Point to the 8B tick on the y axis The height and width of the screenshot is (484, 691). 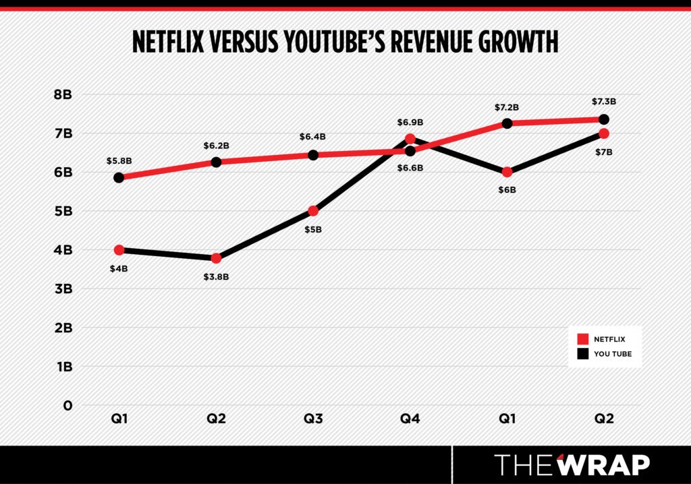pyautogui.click(x=62, y=94)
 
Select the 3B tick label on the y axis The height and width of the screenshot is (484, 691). pyautogui.click(x=62, y=289)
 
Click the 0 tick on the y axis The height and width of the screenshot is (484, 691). pyautogui.click(x=67, y=406)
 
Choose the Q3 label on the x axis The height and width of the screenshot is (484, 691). pyautogui.click(x=312, y=419)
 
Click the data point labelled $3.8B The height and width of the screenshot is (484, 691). pyautogui.click(x=216, y=258)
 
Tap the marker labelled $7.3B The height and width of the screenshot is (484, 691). pyautogui.click(x=604, y=119)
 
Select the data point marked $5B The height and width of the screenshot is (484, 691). pyautogui.click(x=313, y=211)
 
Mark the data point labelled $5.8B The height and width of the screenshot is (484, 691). pyautogui.click(x=119, y=177)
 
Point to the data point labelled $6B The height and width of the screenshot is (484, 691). pyautogui.click(x=507, y=172)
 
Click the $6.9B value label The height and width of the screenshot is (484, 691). pyautogui.click(x=410, y=122)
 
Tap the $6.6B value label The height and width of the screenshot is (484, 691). pyautogui.click(x=410, y=167)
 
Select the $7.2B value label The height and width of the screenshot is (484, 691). pyautogui.click(x=507, y=107)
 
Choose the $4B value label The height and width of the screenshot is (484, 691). pyautogui.click(x=119, y=268)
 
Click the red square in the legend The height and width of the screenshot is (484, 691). pyautogui.click(x=582, y=338)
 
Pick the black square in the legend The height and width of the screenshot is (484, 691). pyautogui.click(x=582, y=353)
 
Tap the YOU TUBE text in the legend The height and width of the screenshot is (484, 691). pyautogui.click(x=613, y=353)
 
